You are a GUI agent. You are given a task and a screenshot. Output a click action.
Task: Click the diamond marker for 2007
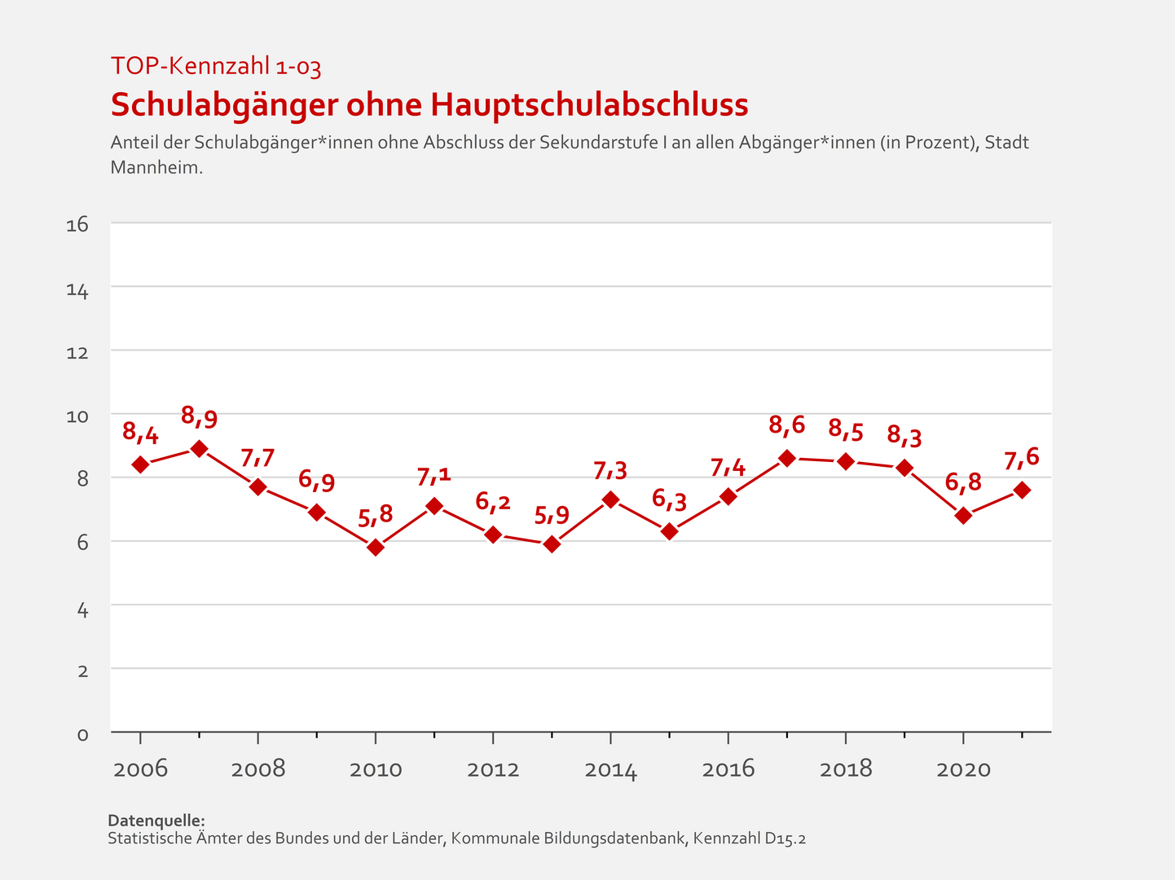point(199,448)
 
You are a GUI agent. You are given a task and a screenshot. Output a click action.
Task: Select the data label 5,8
point(375,514)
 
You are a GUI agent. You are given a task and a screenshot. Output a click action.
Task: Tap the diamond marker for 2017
point(787,458)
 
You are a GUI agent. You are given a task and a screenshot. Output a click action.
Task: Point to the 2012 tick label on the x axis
point(493,769)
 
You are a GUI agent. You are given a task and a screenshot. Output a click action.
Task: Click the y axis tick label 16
point(77,225)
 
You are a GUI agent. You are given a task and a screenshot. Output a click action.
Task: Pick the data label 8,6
point(786,425)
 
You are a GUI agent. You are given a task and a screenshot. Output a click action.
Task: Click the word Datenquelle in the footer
point(156,821)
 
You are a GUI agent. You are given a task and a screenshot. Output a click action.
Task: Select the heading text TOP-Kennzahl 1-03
point(216,66)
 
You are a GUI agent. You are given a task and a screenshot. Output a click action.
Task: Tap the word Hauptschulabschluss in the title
point(589,105)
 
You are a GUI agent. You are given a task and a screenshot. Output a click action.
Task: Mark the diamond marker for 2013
point(552,544)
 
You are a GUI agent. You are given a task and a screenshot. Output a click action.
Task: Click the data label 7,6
point(1021,458)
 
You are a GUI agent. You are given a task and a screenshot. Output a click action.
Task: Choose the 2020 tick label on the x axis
point(963,769)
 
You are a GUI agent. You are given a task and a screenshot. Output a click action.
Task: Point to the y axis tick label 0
point(82,734)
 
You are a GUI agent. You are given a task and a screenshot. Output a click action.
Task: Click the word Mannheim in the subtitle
point(156,168)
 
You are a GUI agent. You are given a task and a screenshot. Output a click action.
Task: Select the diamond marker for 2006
point(140,464)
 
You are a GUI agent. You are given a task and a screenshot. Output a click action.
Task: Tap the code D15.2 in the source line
point(785,838)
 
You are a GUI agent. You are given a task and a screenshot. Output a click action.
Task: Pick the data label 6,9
point(316,480)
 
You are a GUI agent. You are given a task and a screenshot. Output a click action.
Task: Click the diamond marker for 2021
point(1022,490)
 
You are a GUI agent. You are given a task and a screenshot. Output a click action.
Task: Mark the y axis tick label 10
point(77,416)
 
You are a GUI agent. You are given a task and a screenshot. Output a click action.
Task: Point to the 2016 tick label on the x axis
point(728,769)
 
